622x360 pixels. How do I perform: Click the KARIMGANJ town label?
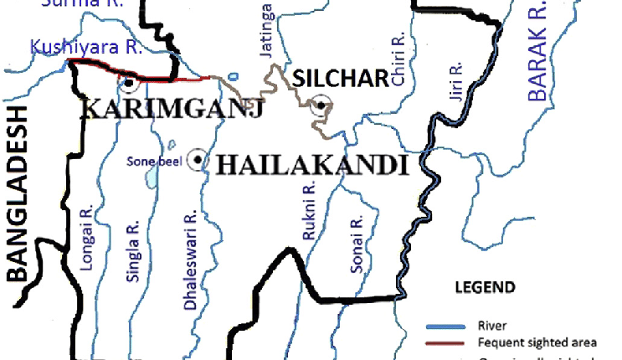(x=149, y=110)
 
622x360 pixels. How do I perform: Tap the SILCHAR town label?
(x=341, y=79)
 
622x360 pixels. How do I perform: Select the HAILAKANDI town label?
(x=311, y=164)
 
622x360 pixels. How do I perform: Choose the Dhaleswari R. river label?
(x=190, y=260)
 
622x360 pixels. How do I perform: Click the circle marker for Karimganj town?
(x=128, y=84)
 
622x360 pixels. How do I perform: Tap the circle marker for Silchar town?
(x=320, y=105)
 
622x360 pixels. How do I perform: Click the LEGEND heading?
(x=485, y=288)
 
